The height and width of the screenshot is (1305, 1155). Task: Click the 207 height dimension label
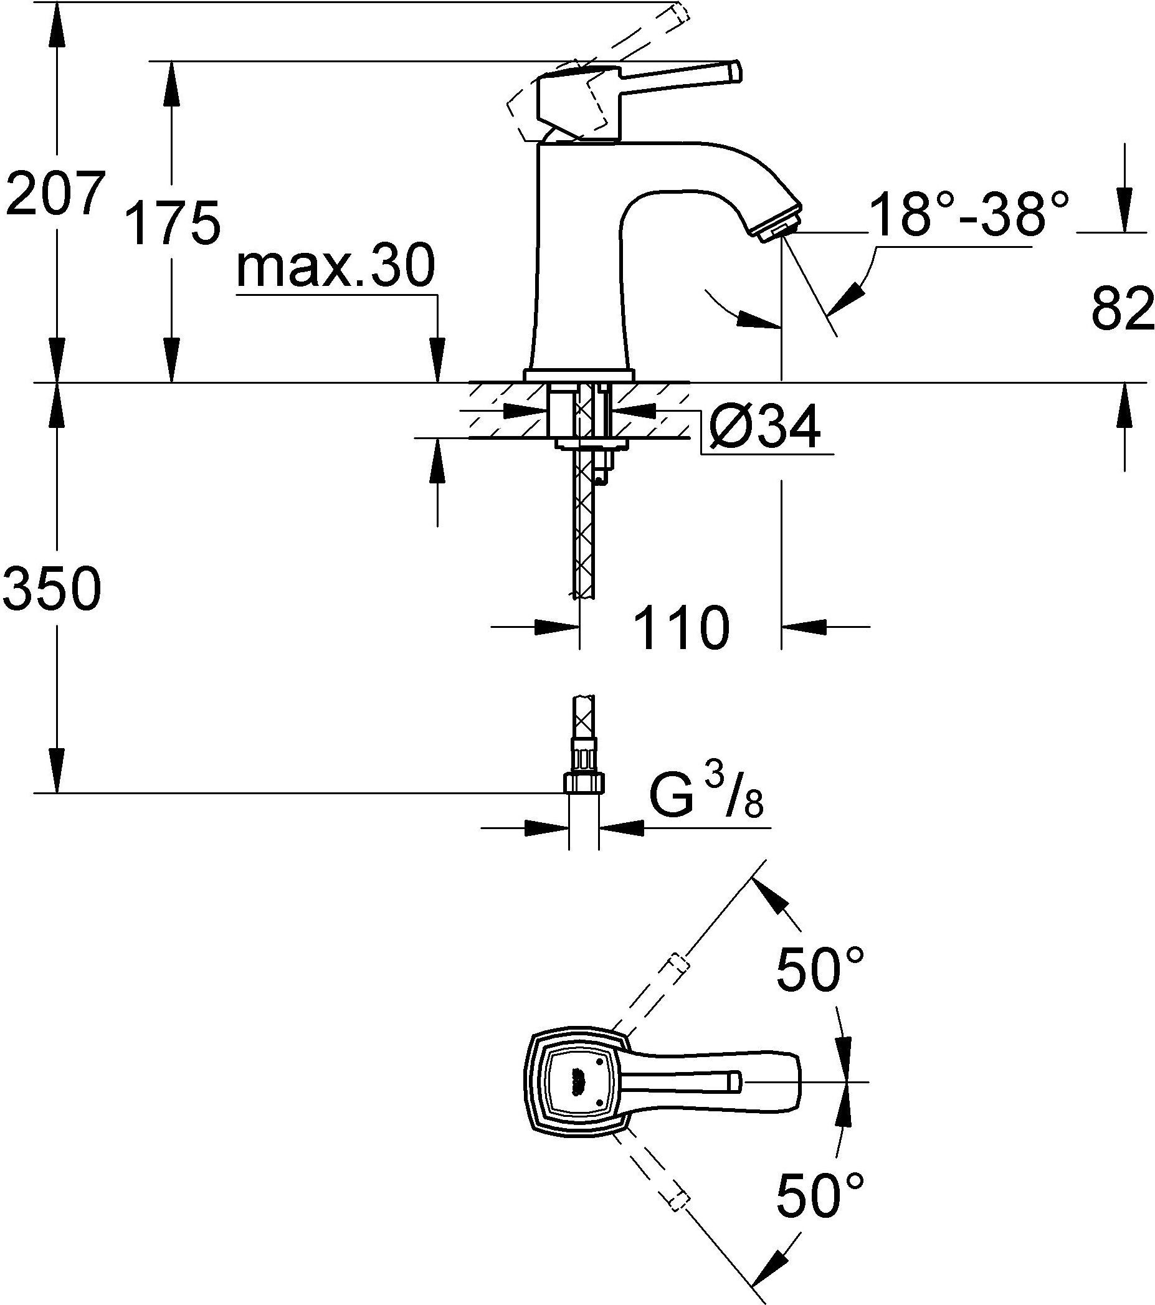point(54,193)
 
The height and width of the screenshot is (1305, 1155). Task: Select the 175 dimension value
point(173,223)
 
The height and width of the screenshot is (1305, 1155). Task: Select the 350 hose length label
point(52,589)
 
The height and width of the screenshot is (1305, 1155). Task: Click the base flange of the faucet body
point(579,376)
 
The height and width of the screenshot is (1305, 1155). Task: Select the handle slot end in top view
point(734,1081)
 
